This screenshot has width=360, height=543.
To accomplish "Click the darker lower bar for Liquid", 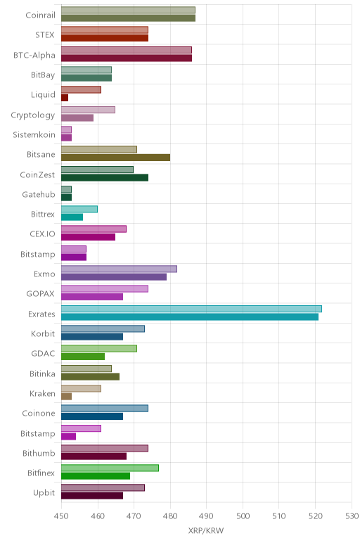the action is tap(65, 98).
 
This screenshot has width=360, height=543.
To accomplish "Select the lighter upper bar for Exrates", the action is tap(191, 309).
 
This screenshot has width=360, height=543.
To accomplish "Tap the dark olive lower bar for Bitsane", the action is tap(115, 158).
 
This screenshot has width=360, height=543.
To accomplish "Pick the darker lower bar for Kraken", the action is tap(67, 397).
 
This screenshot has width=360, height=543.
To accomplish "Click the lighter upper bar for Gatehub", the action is tap(67, 189).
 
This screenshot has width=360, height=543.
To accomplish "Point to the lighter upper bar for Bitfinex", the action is tap(110, 468).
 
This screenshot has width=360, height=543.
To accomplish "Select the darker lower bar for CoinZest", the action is tap(105, 178).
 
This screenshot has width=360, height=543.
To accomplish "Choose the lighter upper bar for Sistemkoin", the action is tap(67, 130).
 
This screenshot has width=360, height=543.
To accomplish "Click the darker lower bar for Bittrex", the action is tap(72, 217).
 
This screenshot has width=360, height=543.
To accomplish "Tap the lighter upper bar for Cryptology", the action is tap(89, 110).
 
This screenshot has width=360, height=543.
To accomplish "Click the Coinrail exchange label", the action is tap(40, 15).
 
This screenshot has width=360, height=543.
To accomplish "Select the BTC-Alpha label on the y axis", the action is tap(34, 55).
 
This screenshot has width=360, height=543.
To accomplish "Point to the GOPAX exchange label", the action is tap(41, 294).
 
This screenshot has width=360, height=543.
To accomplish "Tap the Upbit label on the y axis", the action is tap(44, 493).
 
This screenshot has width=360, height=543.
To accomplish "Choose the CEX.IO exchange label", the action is tap(42, 234).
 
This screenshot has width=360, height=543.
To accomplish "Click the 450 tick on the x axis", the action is tap(61, 516).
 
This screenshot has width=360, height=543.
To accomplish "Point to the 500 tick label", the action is tap(243, 516).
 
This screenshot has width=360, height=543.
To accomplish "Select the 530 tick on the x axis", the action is tap(352, 516).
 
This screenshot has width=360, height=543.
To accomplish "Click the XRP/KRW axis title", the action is tap(206, 530).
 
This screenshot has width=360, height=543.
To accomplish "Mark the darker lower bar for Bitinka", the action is tap(90, 377).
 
